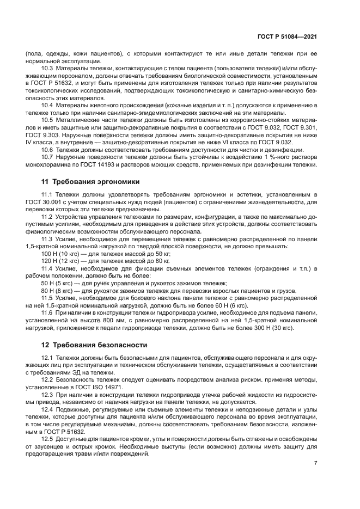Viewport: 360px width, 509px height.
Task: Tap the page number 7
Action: [x=316, y=463]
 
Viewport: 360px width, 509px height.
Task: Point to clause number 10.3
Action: [x=47, y=69]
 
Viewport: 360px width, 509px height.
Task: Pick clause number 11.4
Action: [x=47, y=268]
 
